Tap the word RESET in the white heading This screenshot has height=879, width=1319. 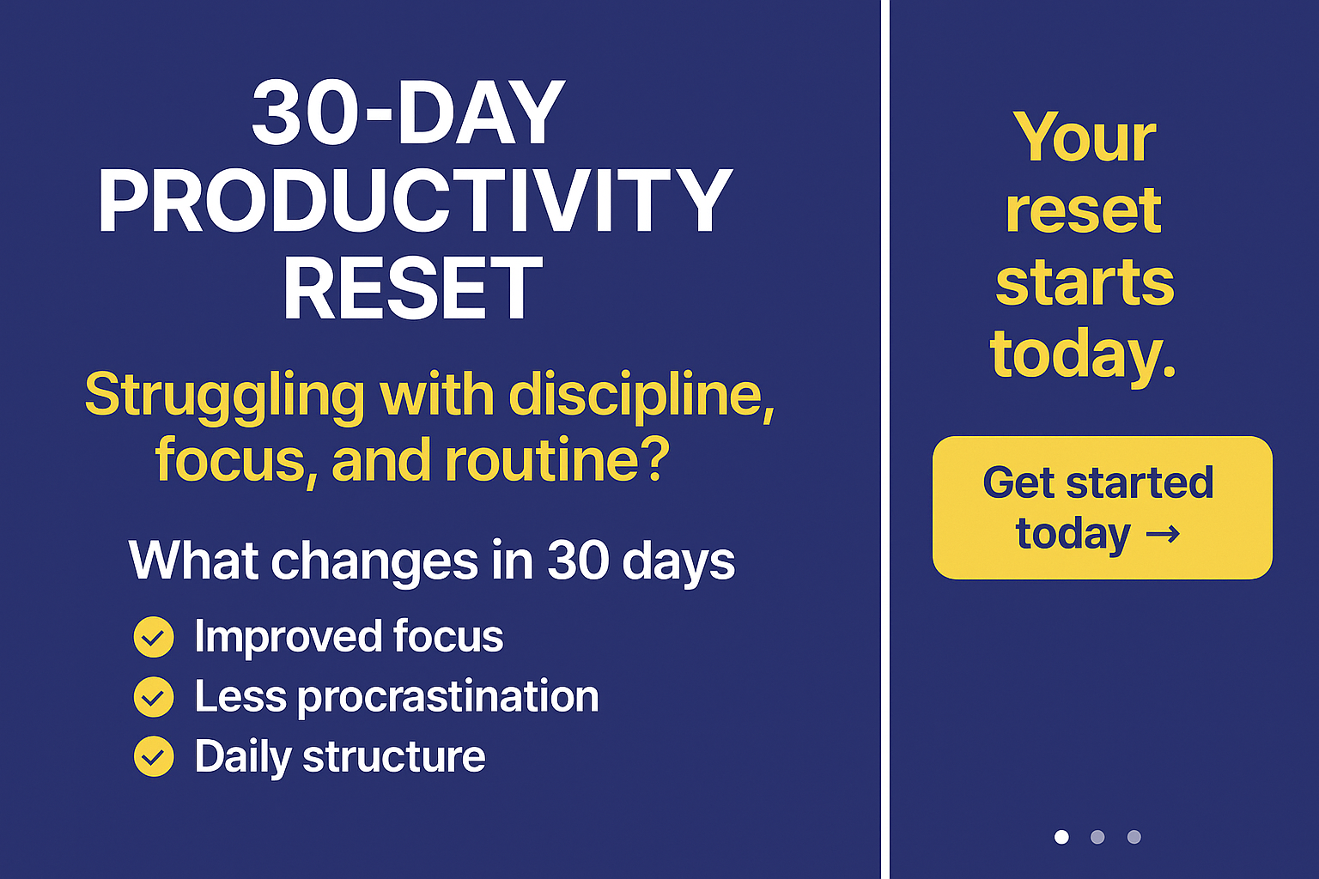[413, 289]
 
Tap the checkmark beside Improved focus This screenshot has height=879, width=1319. [154, 637]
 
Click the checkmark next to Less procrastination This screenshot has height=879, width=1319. [154, 697]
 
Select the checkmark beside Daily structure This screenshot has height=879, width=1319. [154, 756]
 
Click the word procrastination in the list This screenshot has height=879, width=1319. [448, 697]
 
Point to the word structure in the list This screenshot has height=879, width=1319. [394, 757]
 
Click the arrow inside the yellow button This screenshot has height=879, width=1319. [1164, 535]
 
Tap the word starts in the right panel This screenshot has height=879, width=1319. [1085, 283]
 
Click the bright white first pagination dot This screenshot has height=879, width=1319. [1061, 837]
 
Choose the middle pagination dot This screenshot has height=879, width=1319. [1097, 837]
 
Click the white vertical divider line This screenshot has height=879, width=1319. [885, 439]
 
